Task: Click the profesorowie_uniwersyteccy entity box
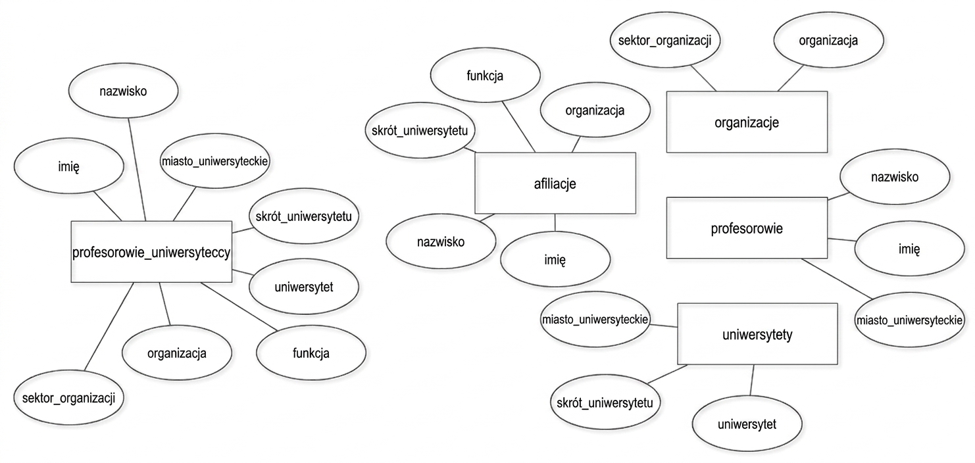[x=151, y=252]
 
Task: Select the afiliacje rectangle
[x=555, y=183]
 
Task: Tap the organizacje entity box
[x=747, y=122]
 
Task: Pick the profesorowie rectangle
[x=747, y=228]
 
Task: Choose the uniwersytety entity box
[x=757, y=333]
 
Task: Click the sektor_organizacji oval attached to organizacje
[x=664, y=40]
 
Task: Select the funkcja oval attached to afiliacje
[x=486, y=75]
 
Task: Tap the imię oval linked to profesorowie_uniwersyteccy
[x=69, y=166]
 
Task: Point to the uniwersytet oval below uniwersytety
[x=747, y=424]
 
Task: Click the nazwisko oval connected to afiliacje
[x=441, y=241]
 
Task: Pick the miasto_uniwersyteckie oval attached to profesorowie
[x=909, y=320]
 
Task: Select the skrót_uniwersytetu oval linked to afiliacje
[x=420, y=130]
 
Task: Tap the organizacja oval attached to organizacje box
[x=829, y=40]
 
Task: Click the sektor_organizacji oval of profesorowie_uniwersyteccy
[x=69, y=397]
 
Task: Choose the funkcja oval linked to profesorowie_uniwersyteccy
[x=311, y=353]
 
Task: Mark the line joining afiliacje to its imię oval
[x=555, y=222]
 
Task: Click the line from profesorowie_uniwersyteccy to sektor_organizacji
[x=109, y=326]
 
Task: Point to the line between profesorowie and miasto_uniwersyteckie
[x=837, y=279]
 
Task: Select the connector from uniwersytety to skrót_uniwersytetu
[x=667, y=374]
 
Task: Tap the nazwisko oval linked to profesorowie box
[x=895, y=176]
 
